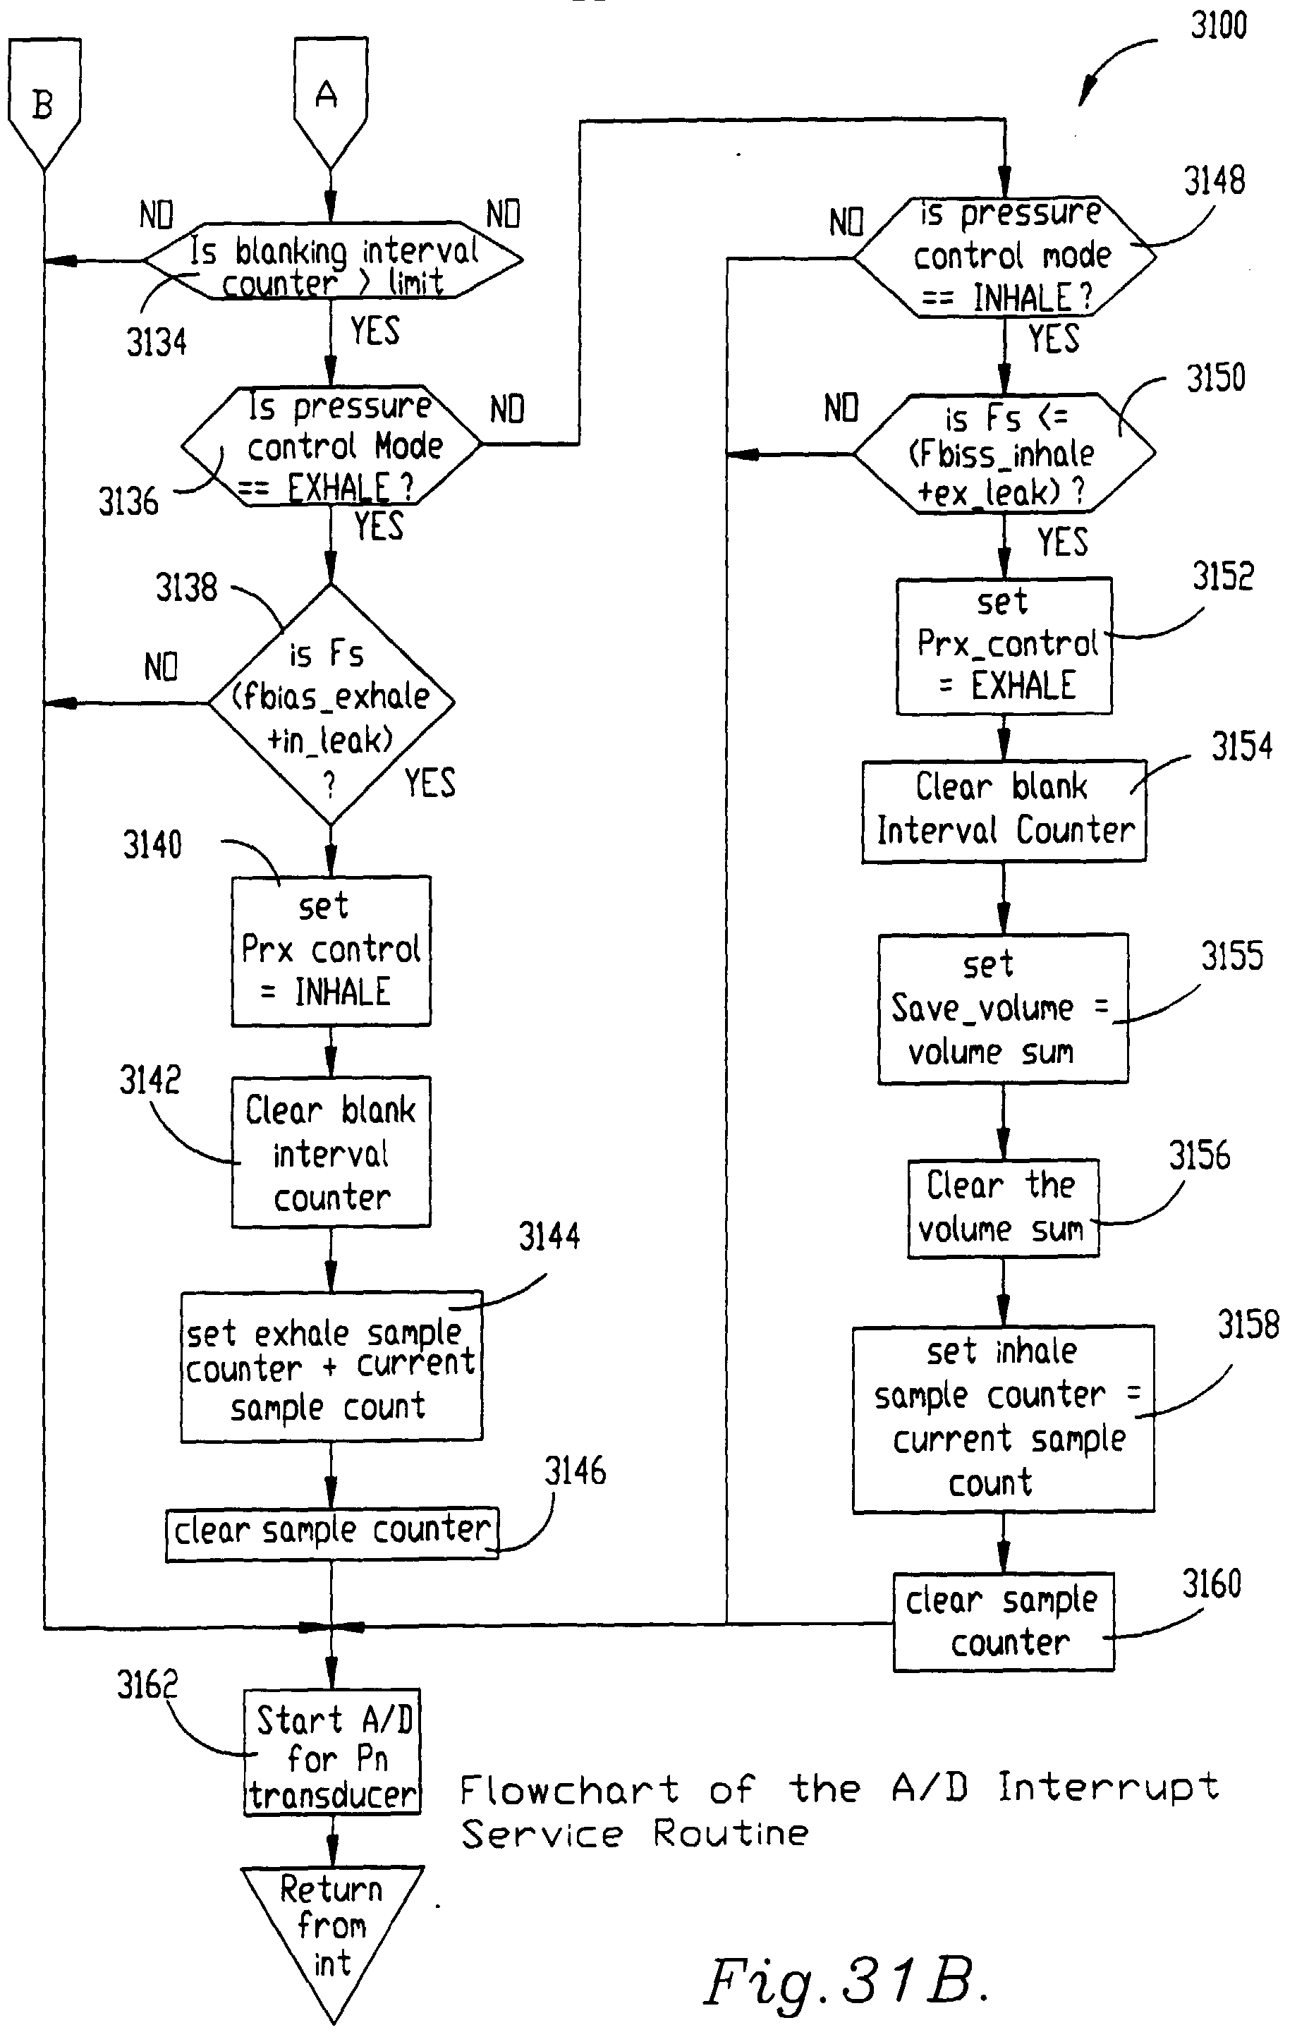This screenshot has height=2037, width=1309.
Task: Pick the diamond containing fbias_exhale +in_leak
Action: pos(331,704)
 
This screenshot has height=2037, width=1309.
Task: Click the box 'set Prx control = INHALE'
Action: pos(331,950)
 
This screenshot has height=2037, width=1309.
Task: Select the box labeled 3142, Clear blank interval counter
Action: pos(331,1152)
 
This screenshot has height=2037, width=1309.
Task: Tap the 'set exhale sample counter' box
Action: pos(331,1368)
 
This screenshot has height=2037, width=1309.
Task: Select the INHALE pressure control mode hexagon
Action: pos(1005,256)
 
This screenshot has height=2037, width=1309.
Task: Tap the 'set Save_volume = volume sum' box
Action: pos(1003,1008)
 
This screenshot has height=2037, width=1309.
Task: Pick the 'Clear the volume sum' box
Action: pos(1003,1208)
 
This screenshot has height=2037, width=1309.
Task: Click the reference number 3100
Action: pos(1217,25)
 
